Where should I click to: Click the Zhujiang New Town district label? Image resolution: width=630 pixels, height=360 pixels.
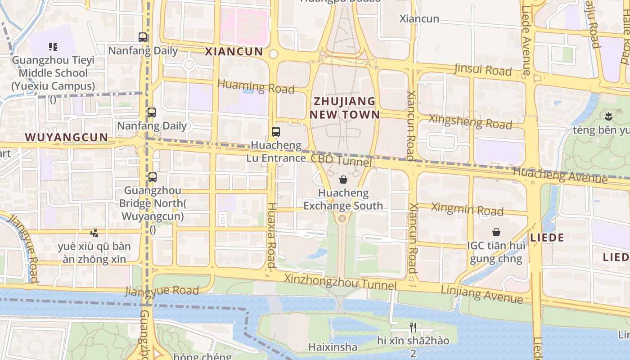344,108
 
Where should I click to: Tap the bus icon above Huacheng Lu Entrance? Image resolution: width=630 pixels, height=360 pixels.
276,132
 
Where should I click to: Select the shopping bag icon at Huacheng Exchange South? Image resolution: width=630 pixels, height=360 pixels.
343,180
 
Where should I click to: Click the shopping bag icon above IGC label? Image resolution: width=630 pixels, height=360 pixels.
496,232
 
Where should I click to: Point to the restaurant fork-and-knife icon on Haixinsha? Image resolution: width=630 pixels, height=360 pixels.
412,327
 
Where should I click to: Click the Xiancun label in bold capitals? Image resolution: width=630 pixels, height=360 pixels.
234,51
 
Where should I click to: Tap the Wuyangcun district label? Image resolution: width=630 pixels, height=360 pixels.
66,137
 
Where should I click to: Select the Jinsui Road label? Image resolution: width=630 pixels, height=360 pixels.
483,70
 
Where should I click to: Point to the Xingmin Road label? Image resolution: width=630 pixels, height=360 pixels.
467,209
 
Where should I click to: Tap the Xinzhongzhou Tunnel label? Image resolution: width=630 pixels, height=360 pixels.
340,283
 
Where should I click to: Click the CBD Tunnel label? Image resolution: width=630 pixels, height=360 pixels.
342,160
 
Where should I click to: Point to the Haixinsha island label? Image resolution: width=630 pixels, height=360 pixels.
333,347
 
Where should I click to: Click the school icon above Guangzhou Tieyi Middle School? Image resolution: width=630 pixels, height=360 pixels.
53,46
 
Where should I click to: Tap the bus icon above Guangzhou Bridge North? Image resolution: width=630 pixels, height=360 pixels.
153,177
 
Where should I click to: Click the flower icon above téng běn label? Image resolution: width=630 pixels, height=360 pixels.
609,117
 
